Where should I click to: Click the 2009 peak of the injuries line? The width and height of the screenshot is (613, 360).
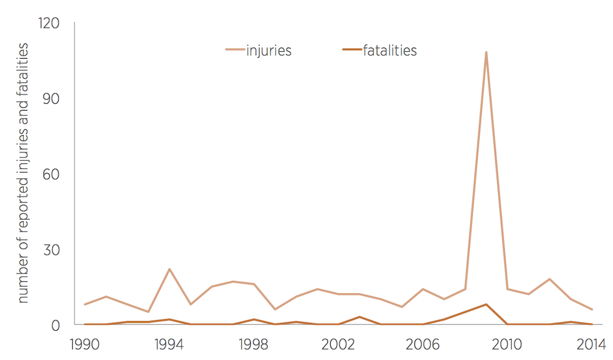pos(486,52)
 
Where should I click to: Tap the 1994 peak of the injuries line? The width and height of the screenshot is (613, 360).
pos(169,269)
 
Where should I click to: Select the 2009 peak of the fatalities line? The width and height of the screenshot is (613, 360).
pos(486,304)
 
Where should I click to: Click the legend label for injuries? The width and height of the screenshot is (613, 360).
pos(269,51)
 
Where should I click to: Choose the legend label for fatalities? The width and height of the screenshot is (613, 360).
pos(390,51)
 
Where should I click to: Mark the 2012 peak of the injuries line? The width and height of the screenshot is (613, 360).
pos(550,279)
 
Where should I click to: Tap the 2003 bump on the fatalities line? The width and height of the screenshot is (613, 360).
pos(359,317)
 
